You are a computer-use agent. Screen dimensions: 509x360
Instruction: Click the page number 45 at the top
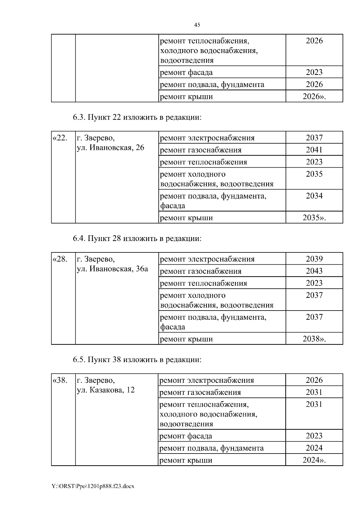197,25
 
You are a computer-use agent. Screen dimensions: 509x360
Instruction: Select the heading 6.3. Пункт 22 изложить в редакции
137,118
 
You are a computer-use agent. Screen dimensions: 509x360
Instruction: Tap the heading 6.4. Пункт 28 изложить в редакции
137,239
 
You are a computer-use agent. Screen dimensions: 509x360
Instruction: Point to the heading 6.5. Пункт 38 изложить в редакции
137,360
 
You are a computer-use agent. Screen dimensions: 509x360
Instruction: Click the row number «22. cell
60,138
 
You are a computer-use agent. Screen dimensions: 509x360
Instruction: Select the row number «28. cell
60,259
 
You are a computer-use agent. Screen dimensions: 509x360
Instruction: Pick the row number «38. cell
60,380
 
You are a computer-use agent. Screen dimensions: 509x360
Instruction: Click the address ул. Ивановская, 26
110,148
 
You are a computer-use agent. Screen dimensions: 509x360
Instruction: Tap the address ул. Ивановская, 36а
112,269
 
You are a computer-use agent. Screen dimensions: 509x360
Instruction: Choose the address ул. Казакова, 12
106,390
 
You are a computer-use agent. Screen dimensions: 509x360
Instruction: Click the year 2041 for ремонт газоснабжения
314,150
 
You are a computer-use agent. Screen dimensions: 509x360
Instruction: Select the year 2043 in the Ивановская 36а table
314,271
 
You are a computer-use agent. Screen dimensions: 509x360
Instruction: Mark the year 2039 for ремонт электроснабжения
314,259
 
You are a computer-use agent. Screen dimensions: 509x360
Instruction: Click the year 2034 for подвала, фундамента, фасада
314,196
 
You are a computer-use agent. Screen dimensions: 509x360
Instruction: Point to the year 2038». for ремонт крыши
314,339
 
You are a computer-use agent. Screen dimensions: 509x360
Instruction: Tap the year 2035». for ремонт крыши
314,218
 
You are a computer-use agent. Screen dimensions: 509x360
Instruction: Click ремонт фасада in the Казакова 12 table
186,436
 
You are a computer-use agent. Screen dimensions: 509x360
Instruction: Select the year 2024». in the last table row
314,460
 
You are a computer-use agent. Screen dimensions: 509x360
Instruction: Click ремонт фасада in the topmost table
186,73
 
